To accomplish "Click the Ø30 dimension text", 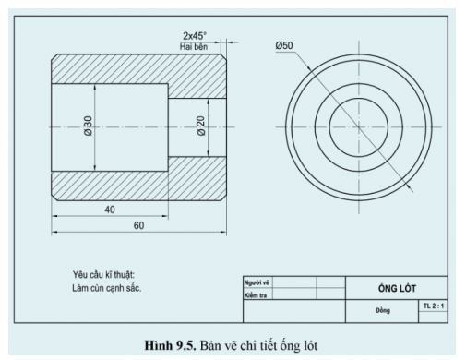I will coord(89,127).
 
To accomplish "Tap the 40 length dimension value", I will coord(110,210).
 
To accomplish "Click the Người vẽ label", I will coord(255,282).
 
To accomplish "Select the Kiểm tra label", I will coord(255,295).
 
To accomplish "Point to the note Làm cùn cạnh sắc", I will coord(106,287).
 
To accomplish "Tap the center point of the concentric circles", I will coord(357,126).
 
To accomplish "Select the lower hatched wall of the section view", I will coord(138,184).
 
